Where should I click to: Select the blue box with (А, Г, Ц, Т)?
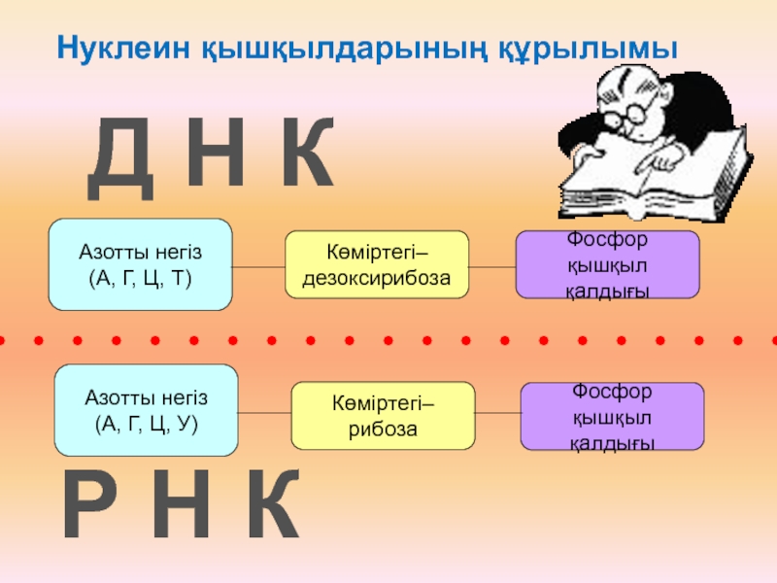pyautogui.click(x=141, y=264)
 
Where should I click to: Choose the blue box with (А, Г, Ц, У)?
pyautogui.click(x=146, y=410)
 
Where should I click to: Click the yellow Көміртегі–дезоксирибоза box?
pyautogui.click(x=377, y=264)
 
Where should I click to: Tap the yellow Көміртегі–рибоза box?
pyautogui.click(x=383, y=415)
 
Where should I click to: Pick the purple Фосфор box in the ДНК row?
pyautogui.click(x=607, y=264)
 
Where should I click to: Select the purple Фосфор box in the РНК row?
pyautogui.click(x=613, y=416)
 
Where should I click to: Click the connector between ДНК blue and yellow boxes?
pyautogui.click(x=258, y=265)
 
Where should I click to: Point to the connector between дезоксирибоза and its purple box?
pyautogui.click(x=491, y=265)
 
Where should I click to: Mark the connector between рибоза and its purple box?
pyautogui.click(x=498, y=415)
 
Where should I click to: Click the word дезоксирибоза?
pyautogui.click(x=377, y=277)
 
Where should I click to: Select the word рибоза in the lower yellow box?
pyautogui.click(x=383, y=428)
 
